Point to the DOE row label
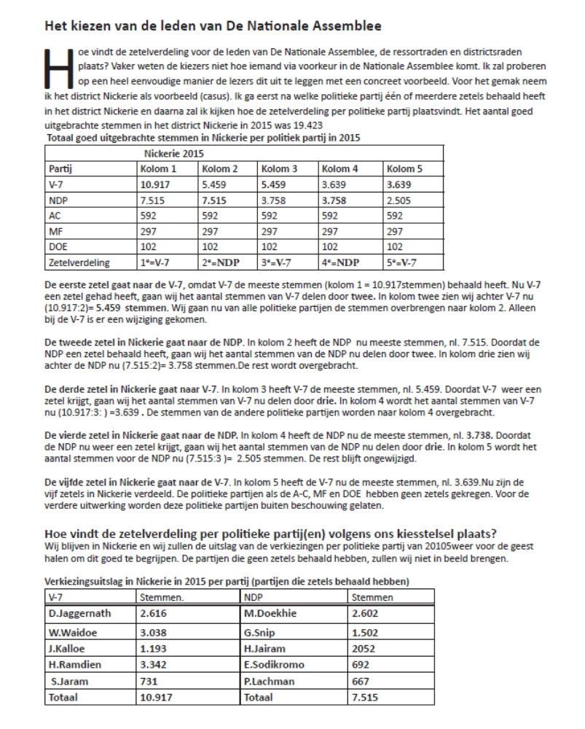click(x=58, y=246)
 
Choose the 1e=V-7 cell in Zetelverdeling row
click(x=157, y=261)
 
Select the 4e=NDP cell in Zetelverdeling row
click(x=340, y=261)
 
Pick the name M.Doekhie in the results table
click(x=270, y=613)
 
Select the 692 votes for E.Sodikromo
click(x=361, y=664)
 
